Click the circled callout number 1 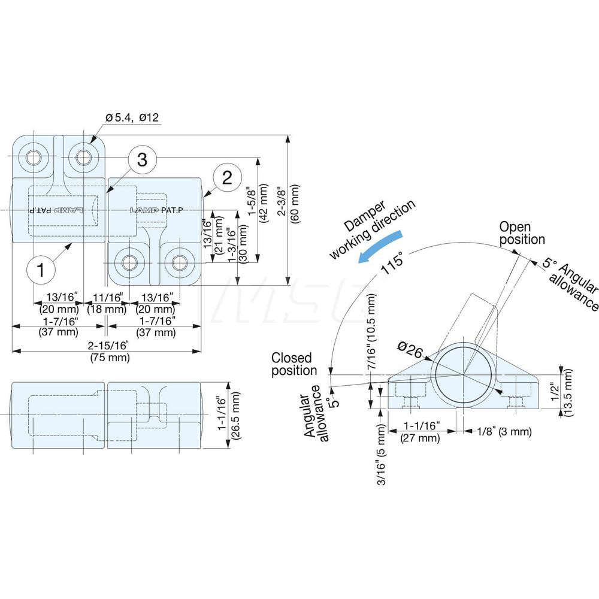coord(41,270)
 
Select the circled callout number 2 coord(226,178)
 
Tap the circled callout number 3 coord(142,160)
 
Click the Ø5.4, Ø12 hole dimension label coord(132,118)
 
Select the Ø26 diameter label coord(412,349)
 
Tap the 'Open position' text coord(522,233)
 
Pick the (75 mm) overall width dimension coord(110,358)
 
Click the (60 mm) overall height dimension coord(295,204)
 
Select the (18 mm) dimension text coord(107,309)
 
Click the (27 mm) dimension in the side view coord(419,438)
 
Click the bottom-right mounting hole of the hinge coord(179,262)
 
